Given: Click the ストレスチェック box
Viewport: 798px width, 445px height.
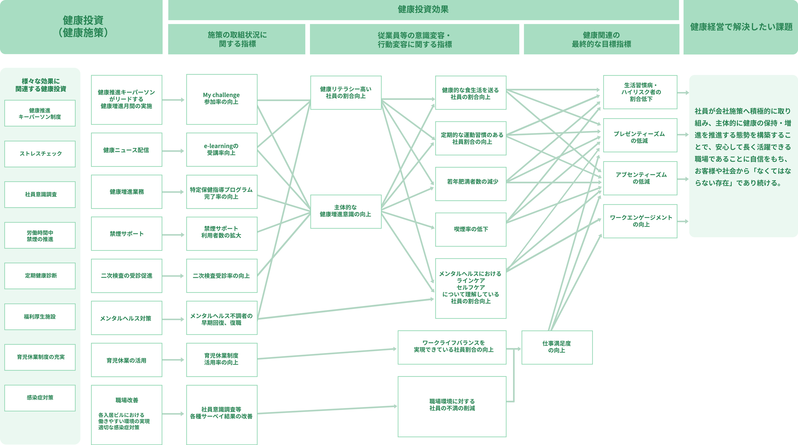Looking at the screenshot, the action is pos(40,154).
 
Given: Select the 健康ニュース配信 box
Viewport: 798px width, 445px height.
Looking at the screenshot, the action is pos(127,150).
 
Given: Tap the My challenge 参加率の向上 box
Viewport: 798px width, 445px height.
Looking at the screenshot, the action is pos(222,99).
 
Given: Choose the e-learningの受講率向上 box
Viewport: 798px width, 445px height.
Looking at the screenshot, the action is pos(222,150).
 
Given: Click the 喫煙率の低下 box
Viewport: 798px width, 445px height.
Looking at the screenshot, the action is pos(471,230).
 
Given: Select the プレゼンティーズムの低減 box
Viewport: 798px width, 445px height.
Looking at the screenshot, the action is pos(640,135).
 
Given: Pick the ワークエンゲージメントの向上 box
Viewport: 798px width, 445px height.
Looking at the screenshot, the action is pos(640,221).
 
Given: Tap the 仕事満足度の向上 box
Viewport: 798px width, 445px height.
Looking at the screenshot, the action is pos(557,347).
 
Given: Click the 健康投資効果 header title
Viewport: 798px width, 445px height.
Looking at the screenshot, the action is pos(423,9).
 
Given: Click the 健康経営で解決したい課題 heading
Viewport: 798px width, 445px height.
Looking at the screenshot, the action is pos(741,27).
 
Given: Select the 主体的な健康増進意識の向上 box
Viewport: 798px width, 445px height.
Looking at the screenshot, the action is pos(346,211).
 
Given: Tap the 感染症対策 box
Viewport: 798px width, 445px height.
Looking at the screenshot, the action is pos(40,398).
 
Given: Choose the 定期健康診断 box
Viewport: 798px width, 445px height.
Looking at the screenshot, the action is pos(40,276).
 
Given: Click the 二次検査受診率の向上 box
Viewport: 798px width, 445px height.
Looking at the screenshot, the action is pos(222,276).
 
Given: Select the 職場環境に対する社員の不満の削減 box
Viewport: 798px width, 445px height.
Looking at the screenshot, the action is pos(452,407).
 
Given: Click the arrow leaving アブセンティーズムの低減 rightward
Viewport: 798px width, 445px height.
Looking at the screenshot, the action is pos(683,179).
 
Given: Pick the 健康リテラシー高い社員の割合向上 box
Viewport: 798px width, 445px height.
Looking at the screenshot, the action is pos(346,93).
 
